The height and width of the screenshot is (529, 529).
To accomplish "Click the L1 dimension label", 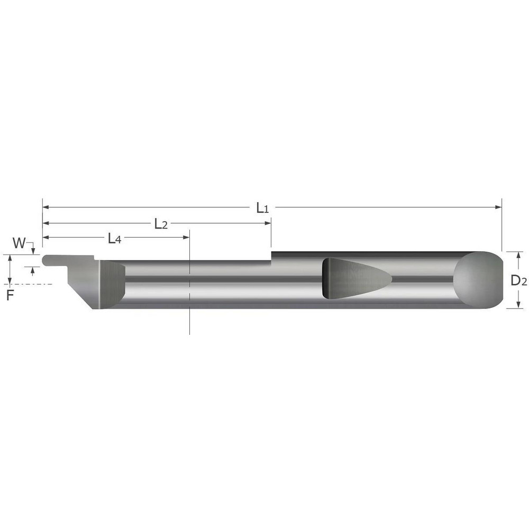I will [x=263, y=208].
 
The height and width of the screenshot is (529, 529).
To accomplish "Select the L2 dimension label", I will [x=161, y=224].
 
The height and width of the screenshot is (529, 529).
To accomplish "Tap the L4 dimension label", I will [x=114, y=239].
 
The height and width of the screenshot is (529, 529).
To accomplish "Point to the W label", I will [x=19, y=243].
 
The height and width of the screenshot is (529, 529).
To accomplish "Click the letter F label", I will [x=10, y=296].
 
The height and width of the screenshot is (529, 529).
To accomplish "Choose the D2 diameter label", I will [x=518, y=281].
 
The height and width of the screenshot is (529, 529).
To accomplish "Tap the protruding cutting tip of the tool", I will [x=51, y=260].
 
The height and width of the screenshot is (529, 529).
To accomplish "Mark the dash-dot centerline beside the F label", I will [x=37, y=284].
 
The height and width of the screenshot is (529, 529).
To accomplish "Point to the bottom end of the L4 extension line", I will [x=189, y=333].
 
